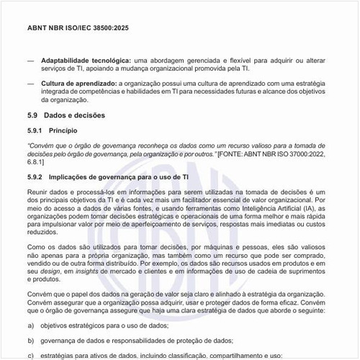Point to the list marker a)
click(x=31, y=325)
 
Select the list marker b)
click(x=31, y=340)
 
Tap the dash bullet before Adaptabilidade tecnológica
click(x=30, y=59)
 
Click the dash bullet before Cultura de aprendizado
click(x=30, y=84)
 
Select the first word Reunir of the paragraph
click(x=38, y=193)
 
